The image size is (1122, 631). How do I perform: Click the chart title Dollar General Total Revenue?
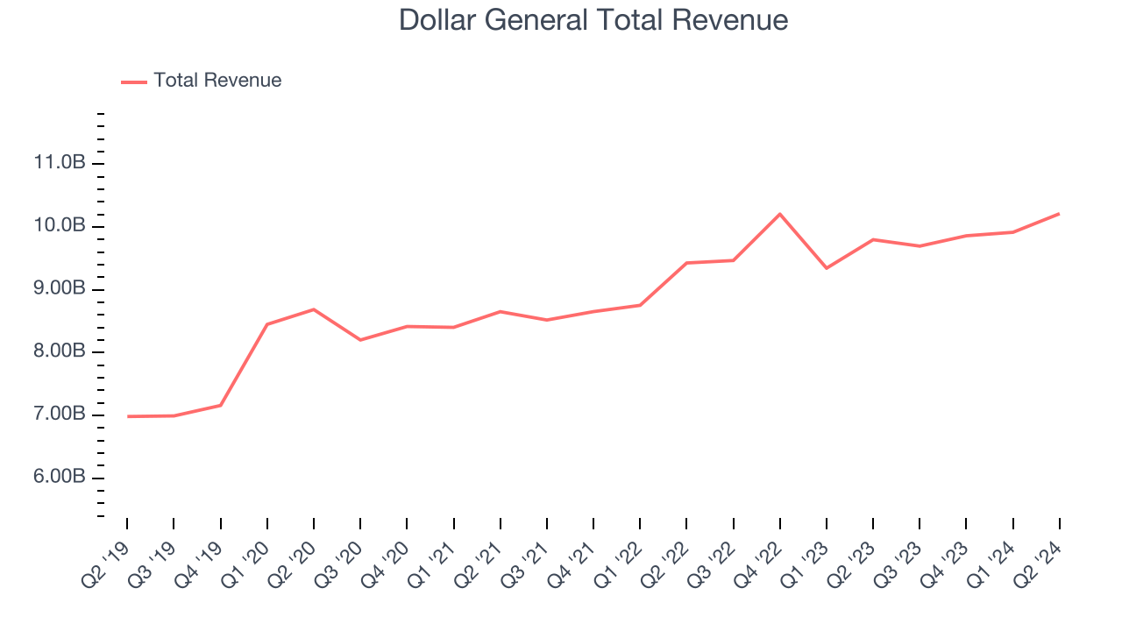[x=593, y=19]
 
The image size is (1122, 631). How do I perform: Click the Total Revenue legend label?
[x=217, y=81]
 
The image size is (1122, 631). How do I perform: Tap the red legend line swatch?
[x=134, y=82]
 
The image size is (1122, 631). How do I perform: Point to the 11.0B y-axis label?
[x=60, y=163]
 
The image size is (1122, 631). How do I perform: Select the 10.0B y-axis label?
[x=60, y=226]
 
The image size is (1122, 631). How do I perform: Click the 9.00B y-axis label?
[x=60, y=289]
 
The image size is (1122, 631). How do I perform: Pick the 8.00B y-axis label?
[x=60, y=352]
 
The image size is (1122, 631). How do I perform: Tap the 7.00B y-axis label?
[x=60, y=415]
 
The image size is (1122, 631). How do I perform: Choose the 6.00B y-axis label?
[x=60, y=478]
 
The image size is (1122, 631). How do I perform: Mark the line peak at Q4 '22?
[x=780, y=214]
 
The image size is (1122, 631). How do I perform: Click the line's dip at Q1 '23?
[x=827, y=268]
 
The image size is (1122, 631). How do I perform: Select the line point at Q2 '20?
[x=314, y=309]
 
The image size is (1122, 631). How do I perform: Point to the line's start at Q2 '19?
[x=127, y=416]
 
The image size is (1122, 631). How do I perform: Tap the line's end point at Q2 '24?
[x=1060, y=214]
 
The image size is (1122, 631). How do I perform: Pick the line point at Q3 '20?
[x=360, y=340]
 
